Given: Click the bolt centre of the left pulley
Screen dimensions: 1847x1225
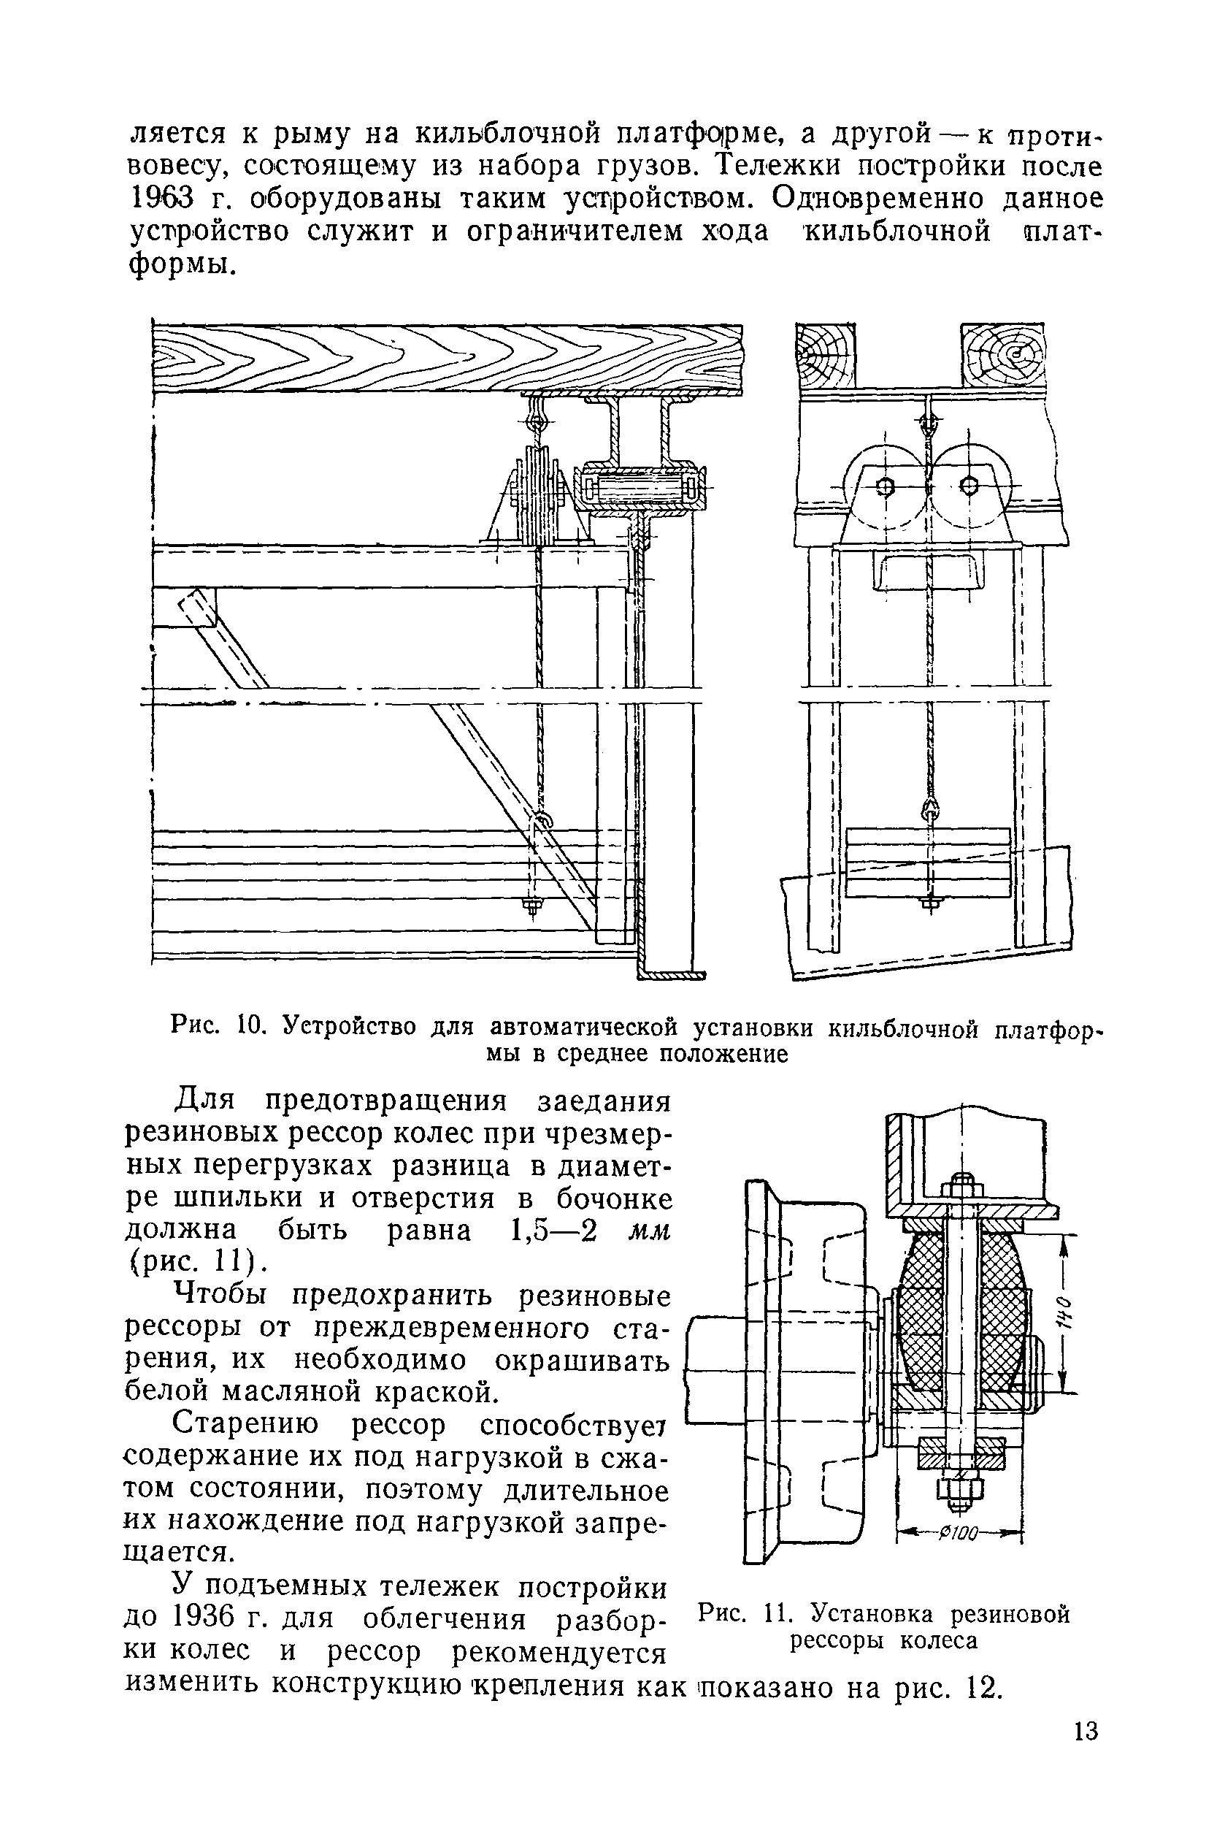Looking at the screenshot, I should pos(884,487).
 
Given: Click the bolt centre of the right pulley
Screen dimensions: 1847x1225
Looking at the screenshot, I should pos(969,486).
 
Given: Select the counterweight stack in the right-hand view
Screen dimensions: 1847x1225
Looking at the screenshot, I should pos(927,863).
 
